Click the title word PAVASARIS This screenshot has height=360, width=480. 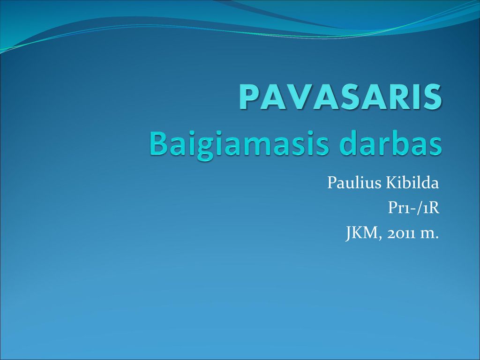[340, 97]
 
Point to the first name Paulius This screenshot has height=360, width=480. [354, 182]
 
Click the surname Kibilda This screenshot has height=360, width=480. [412, 182]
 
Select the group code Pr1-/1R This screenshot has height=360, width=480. [413, 208]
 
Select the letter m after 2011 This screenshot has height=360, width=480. [427, 235]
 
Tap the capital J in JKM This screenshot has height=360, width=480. [349, 234]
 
